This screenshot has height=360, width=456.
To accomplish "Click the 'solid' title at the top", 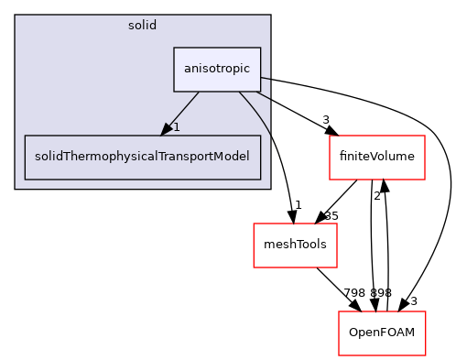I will point(142,25).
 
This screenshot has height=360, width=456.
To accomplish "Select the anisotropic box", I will point(217,70).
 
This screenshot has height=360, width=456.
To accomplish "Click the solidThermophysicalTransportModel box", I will point(143,158).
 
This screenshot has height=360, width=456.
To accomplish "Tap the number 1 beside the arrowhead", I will point(176,127).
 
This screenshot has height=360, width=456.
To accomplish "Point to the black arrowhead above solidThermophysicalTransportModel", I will point(166,129).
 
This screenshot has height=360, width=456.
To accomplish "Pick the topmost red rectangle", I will point(377,158).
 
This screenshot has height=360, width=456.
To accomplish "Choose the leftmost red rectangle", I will point(295,245).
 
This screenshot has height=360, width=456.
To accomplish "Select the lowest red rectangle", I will point(382,333).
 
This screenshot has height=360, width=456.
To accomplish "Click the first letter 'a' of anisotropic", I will point(186,70).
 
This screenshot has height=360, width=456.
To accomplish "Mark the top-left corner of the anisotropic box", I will point(174,48).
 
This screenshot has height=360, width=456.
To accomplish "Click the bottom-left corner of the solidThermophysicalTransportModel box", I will point(25,180).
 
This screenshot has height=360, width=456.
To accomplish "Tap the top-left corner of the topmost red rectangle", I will point(330,136).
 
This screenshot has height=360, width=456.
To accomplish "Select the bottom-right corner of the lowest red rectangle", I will point(426,355).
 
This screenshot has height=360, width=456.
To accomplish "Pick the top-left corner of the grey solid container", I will point(16,15).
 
